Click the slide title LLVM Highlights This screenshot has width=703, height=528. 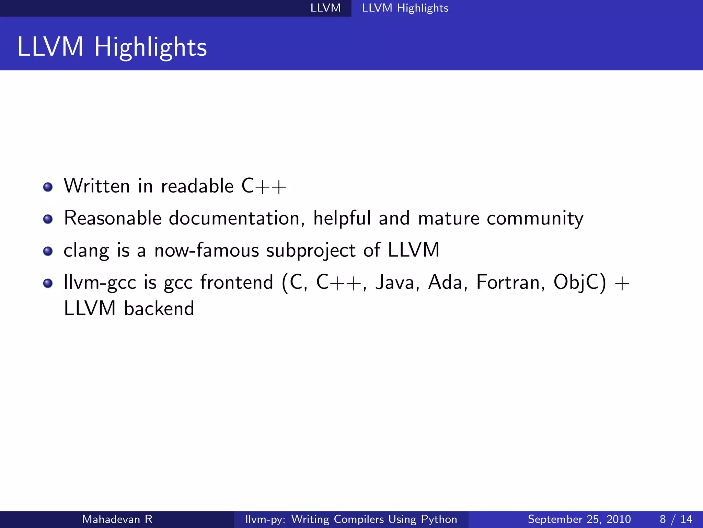[x=112, y=47]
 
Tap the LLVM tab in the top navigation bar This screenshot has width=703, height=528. [x=325, y=8]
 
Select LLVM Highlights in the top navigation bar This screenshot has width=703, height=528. [x=405, y=8]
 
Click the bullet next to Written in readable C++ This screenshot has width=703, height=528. [x=48, y=187]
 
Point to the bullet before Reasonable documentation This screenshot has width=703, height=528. [x=48, y=219]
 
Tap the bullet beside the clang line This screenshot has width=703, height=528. [x=48, y=251]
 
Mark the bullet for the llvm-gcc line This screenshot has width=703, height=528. [x=48, y=283]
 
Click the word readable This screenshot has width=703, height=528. [x=197, y=186]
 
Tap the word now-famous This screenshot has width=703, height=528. [x=206, y=250]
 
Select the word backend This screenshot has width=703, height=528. [x=159, y=308]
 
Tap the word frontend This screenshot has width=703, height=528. [x=237, y=283]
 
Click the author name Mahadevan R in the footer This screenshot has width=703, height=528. [x=117, y=519]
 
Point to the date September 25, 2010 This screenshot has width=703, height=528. [x=579, y=519]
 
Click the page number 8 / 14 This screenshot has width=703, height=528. [x=676, y=519]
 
